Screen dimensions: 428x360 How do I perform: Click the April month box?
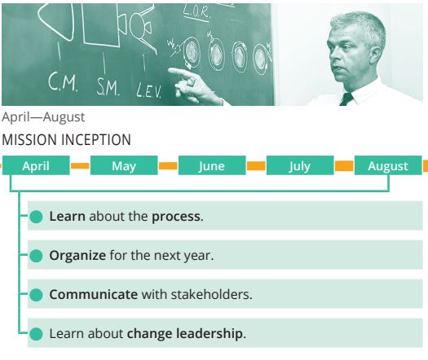(36, 165)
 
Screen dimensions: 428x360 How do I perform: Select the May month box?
(124, 165)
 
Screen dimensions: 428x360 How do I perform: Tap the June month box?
(212, 165)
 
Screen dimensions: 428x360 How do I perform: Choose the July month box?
(300, 165)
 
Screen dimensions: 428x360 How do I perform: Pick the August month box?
(388, 165)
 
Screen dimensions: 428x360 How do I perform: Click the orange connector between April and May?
(80, 165)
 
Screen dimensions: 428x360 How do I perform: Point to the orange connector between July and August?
(344, 165)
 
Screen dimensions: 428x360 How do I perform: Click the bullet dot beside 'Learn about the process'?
(36, 217)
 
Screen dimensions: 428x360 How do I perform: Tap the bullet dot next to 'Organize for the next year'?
(36, 256)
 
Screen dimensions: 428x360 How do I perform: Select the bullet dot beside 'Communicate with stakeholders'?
(36, 295)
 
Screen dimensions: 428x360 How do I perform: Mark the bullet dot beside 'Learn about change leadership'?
(36, 334)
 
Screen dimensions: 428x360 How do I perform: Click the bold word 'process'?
(176, 217)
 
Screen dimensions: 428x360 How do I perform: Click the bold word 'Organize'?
(77, 256)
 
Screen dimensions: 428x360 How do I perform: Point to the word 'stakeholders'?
(210, 295)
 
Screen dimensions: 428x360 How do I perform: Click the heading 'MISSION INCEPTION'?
(66, 139)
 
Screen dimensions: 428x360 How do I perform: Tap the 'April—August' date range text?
(43, 117)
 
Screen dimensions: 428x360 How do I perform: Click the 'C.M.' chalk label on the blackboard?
(63, 81)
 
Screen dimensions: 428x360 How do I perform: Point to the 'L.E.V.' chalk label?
(149, 91)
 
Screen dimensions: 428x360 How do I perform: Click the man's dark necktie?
(346, 99)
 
